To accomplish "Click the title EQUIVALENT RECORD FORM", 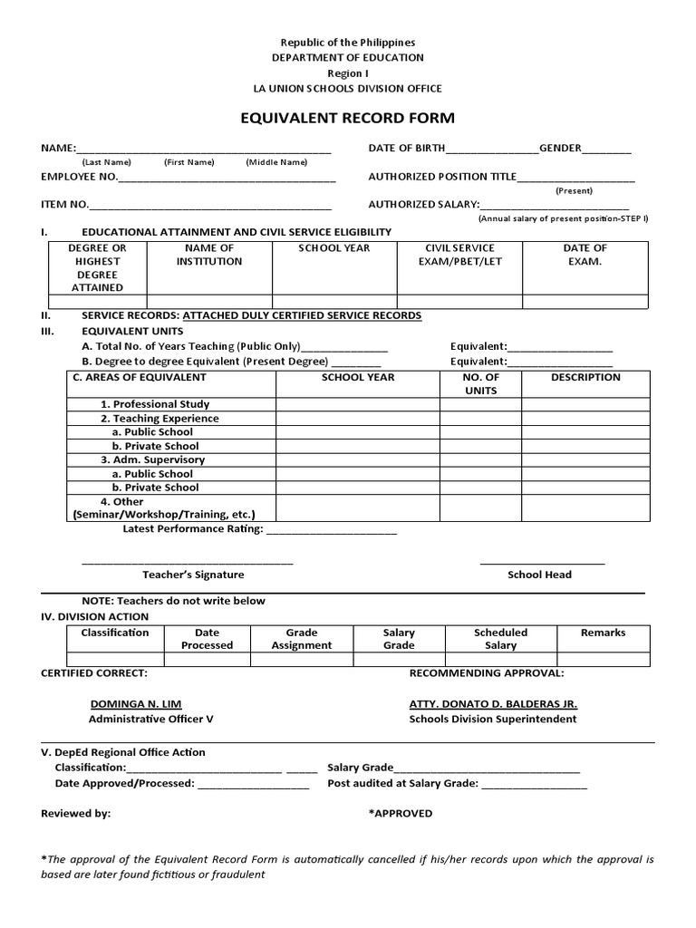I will [x=347, y=118].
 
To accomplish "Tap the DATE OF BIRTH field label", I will [x=406, y=148].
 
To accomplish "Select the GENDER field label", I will [x=560, y=148].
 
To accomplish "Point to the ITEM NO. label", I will [x=64, y=205].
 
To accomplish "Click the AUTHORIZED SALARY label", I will [x=422, y=205].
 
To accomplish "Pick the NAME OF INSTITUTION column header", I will [x=209, y=255].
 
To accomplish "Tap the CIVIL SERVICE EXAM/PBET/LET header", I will [x=460, y=255].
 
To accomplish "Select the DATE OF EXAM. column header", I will [x=585, y=255].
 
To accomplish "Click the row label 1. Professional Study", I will [x=155, y=404].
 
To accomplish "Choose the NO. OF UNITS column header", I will [x=480, y=383].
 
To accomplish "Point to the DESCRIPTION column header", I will [x=585, y=377].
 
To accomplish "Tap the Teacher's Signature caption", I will [x=193, y=575].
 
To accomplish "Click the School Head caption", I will [x=539, y=575].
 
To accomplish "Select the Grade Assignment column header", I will [x=302, y=639].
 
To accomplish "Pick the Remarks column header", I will [x=603, y=633].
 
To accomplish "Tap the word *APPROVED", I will [x=401, y=814].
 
